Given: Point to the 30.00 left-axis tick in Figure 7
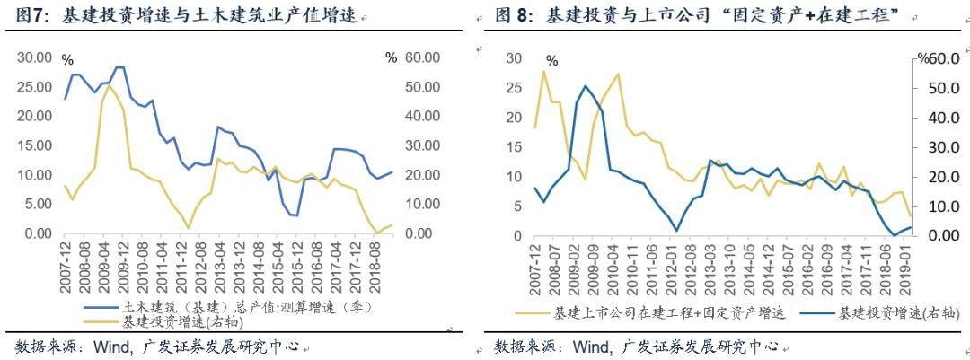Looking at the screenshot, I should click(35, 57).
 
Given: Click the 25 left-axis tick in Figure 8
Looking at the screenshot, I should click(515, 88).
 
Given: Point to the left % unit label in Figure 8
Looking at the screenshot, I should click(551, 61).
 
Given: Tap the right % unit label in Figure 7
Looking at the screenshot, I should click(390, 57).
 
